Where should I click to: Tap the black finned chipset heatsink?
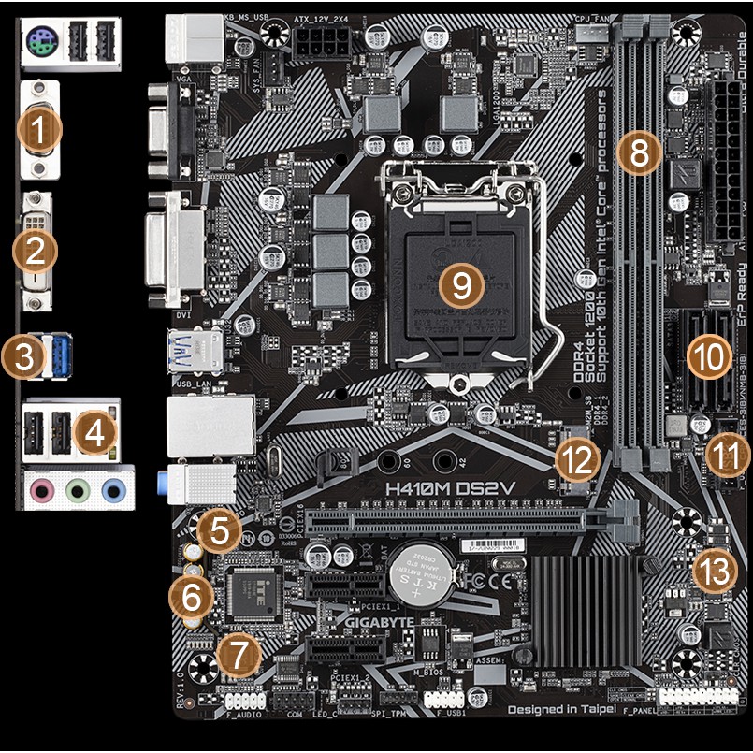click(586, 608)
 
